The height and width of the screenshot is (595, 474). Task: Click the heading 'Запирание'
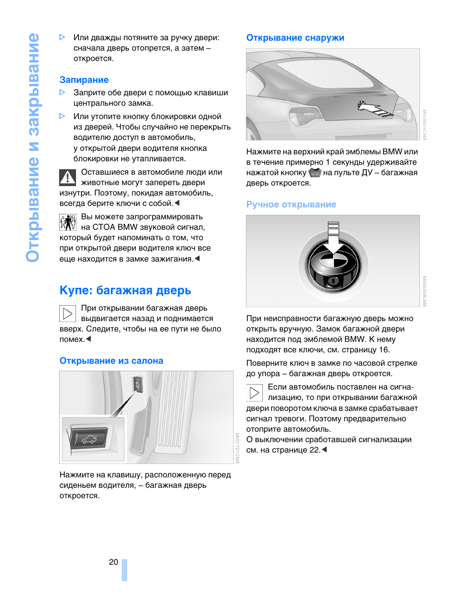(84, 80)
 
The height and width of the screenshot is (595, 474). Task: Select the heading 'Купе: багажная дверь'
(125, 290)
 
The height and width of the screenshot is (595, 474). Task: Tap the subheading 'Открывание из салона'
(111, 361)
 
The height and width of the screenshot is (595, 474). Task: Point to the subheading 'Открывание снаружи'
(295, 38)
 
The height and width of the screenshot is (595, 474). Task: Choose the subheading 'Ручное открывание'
(291, 204)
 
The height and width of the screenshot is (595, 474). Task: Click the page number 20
(113, 562)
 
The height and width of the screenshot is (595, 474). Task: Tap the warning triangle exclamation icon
(68, 178)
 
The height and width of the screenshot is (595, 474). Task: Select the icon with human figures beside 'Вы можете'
(68, 222)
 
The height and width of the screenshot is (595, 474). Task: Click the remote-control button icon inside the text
(315, 173)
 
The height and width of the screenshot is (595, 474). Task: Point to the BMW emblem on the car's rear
(361, 105)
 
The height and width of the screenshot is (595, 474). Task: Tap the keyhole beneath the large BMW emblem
(333, 281)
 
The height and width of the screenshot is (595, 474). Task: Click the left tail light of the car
(305, 116)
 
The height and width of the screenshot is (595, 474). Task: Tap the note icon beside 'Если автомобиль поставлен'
(255, 393)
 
